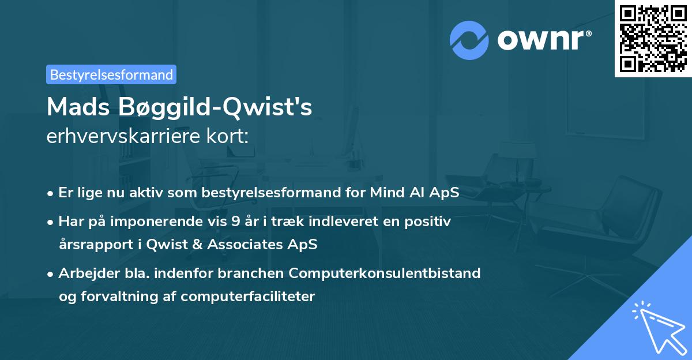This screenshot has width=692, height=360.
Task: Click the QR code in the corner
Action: tap(653, 38)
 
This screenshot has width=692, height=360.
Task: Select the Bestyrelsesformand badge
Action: tap(111, 74)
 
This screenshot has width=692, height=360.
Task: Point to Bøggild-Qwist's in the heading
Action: tap(216, 108)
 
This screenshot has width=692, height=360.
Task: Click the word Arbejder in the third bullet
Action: tap(84, 273)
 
